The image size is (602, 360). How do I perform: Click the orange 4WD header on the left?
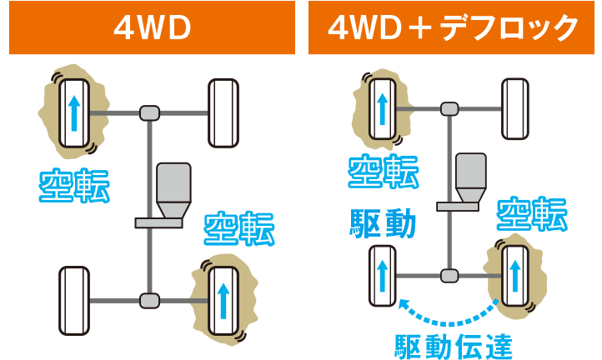(x=152, y=27)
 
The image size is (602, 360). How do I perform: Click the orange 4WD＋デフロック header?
(x=454, y=27)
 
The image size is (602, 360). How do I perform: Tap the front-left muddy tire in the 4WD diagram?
(x=74, y=112)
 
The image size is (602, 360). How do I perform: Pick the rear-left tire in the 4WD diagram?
(x=74, y=300)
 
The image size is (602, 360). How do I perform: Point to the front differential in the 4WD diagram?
(x=149, y=112)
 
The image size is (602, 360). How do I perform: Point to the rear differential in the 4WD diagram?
(x=149, y=299)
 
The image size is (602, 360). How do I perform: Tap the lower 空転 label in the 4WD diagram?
(x=240, y=229)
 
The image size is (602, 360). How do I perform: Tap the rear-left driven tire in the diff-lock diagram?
(x=383, y=275)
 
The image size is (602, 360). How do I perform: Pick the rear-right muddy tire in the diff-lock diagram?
(x=515, y=275)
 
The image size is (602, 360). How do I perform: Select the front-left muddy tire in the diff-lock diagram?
(x=383, y=107)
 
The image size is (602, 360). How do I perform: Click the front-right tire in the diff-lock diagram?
(x=515, y=108)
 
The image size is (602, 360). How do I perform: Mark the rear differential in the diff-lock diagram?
(x=450, y=274)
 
